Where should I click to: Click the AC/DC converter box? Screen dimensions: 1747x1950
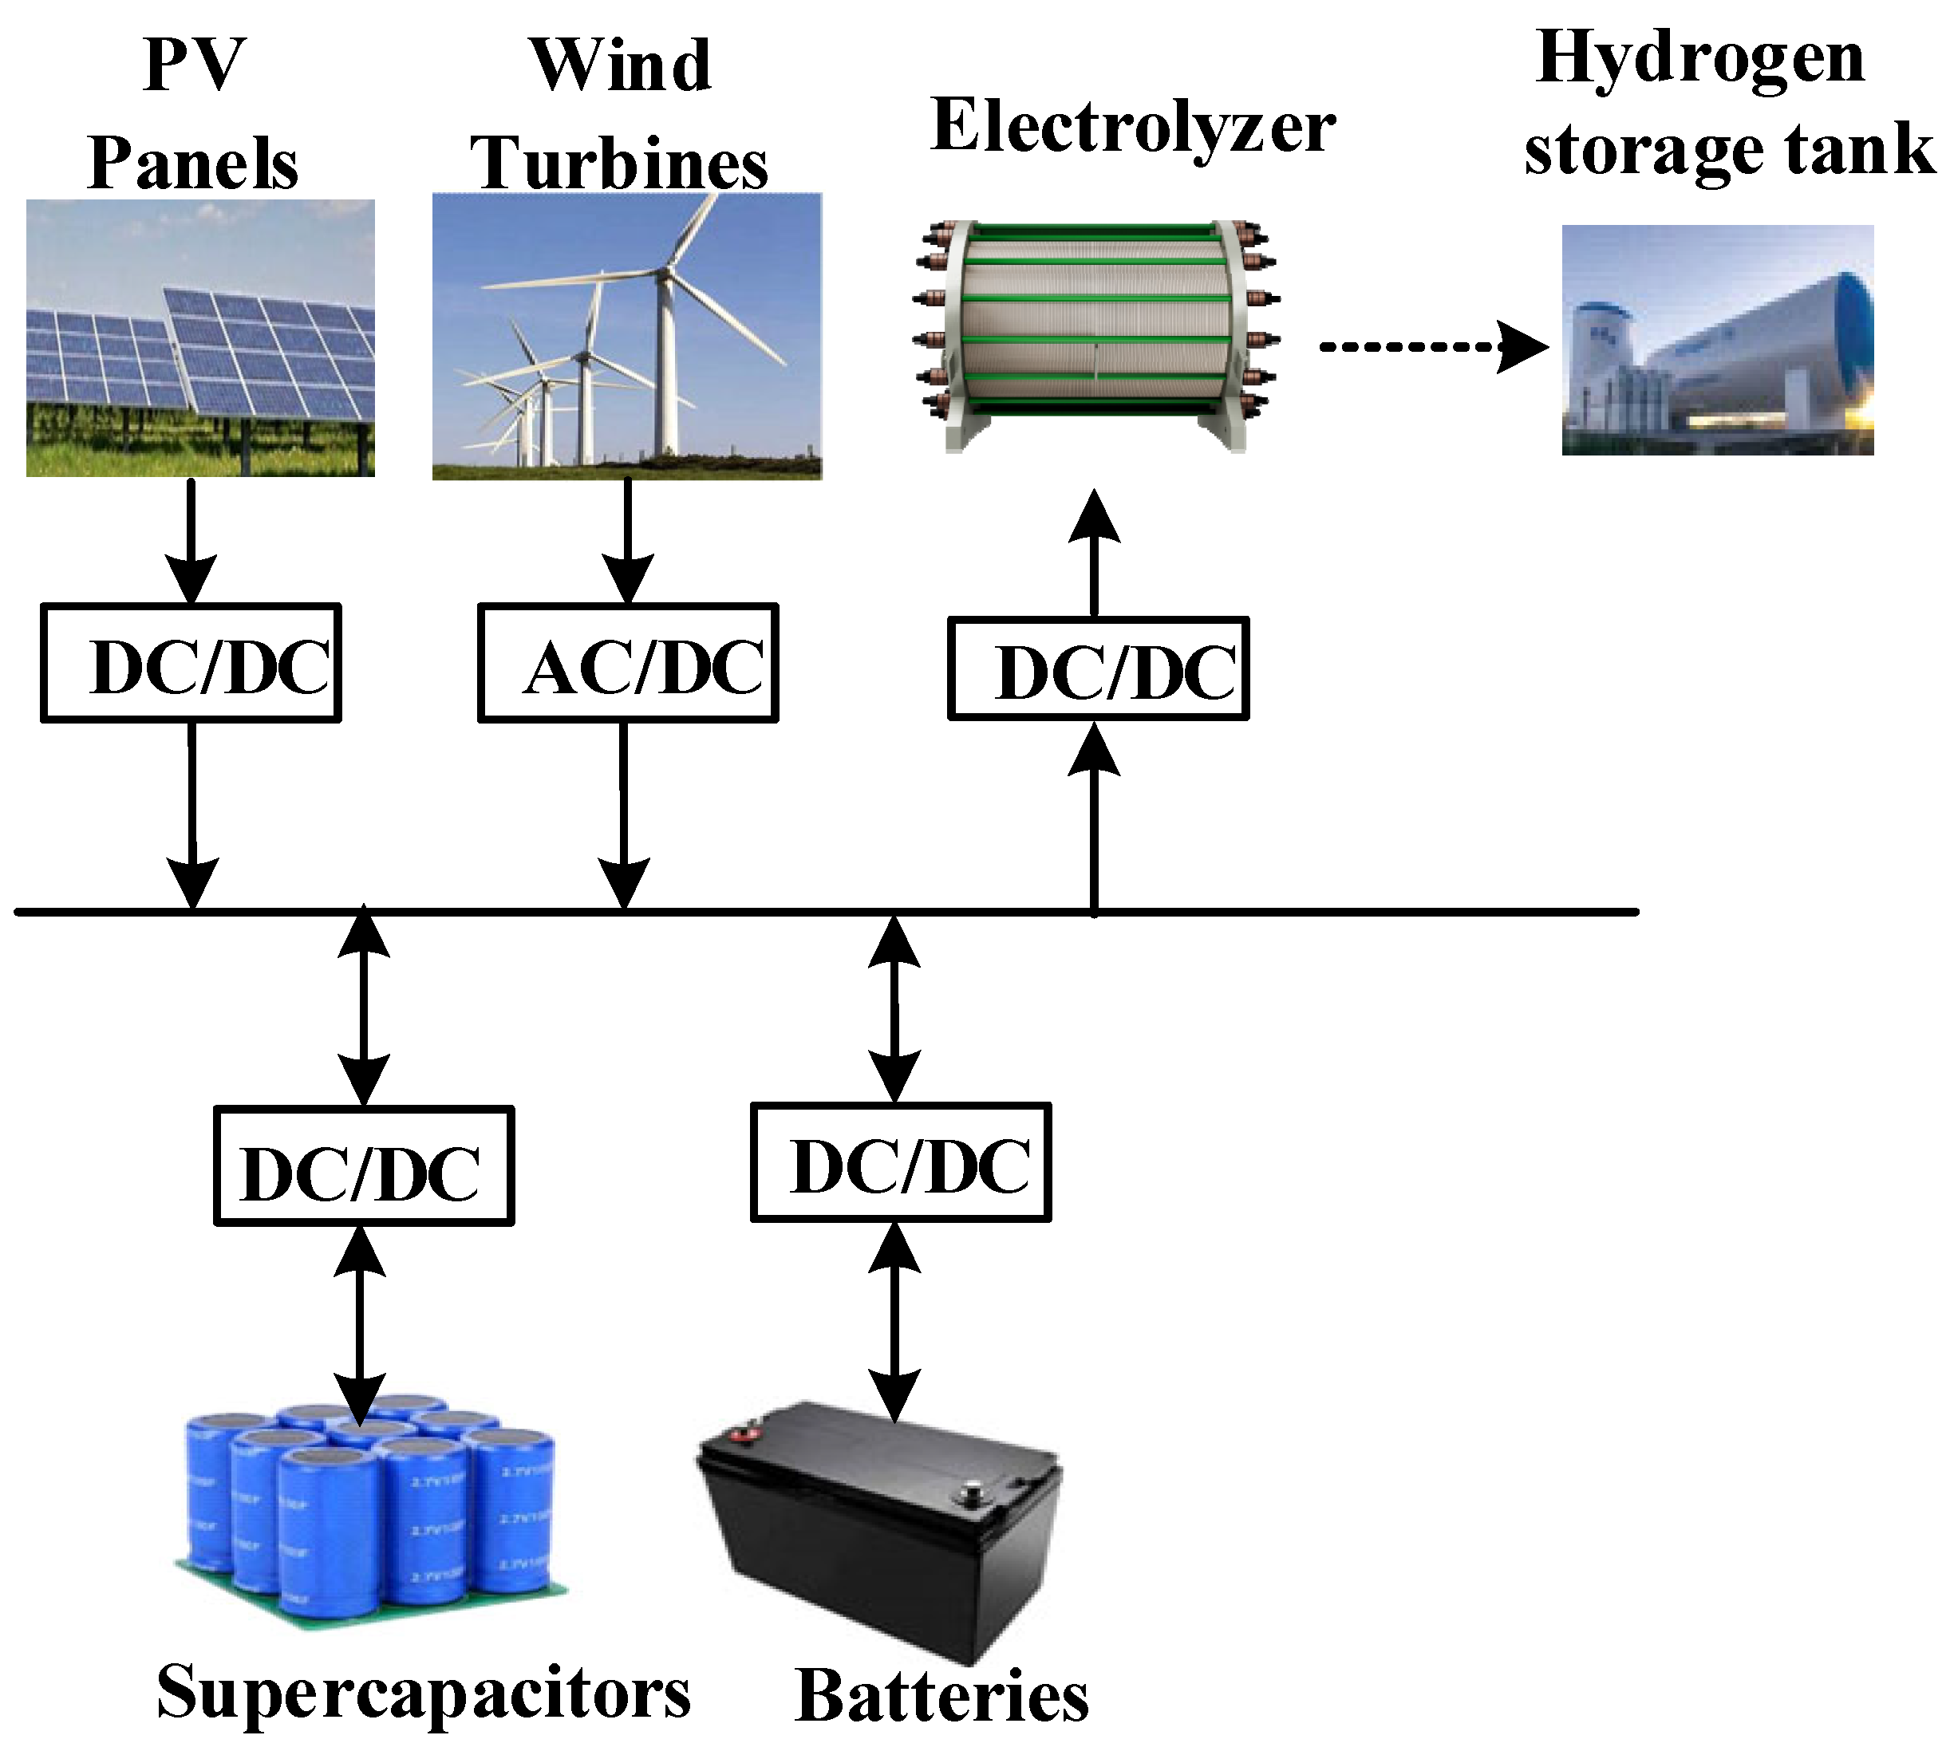(627, 662)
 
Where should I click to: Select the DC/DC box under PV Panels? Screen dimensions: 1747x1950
(190, 662)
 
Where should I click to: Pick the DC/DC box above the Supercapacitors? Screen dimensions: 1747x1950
(363, 1166)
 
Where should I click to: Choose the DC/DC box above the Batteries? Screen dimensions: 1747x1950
(900, 1162)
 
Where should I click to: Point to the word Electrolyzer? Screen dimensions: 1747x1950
(1133, 127)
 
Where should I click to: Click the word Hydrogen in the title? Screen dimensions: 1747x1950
(1699, 57)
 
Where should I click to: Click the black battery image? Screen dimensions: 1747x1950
(878, 1536)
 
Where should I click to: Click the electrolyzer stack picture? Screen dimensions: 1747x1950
(1095, 336)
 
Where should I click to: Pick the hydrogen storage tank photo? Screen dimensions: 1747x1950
(1717, 339)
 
